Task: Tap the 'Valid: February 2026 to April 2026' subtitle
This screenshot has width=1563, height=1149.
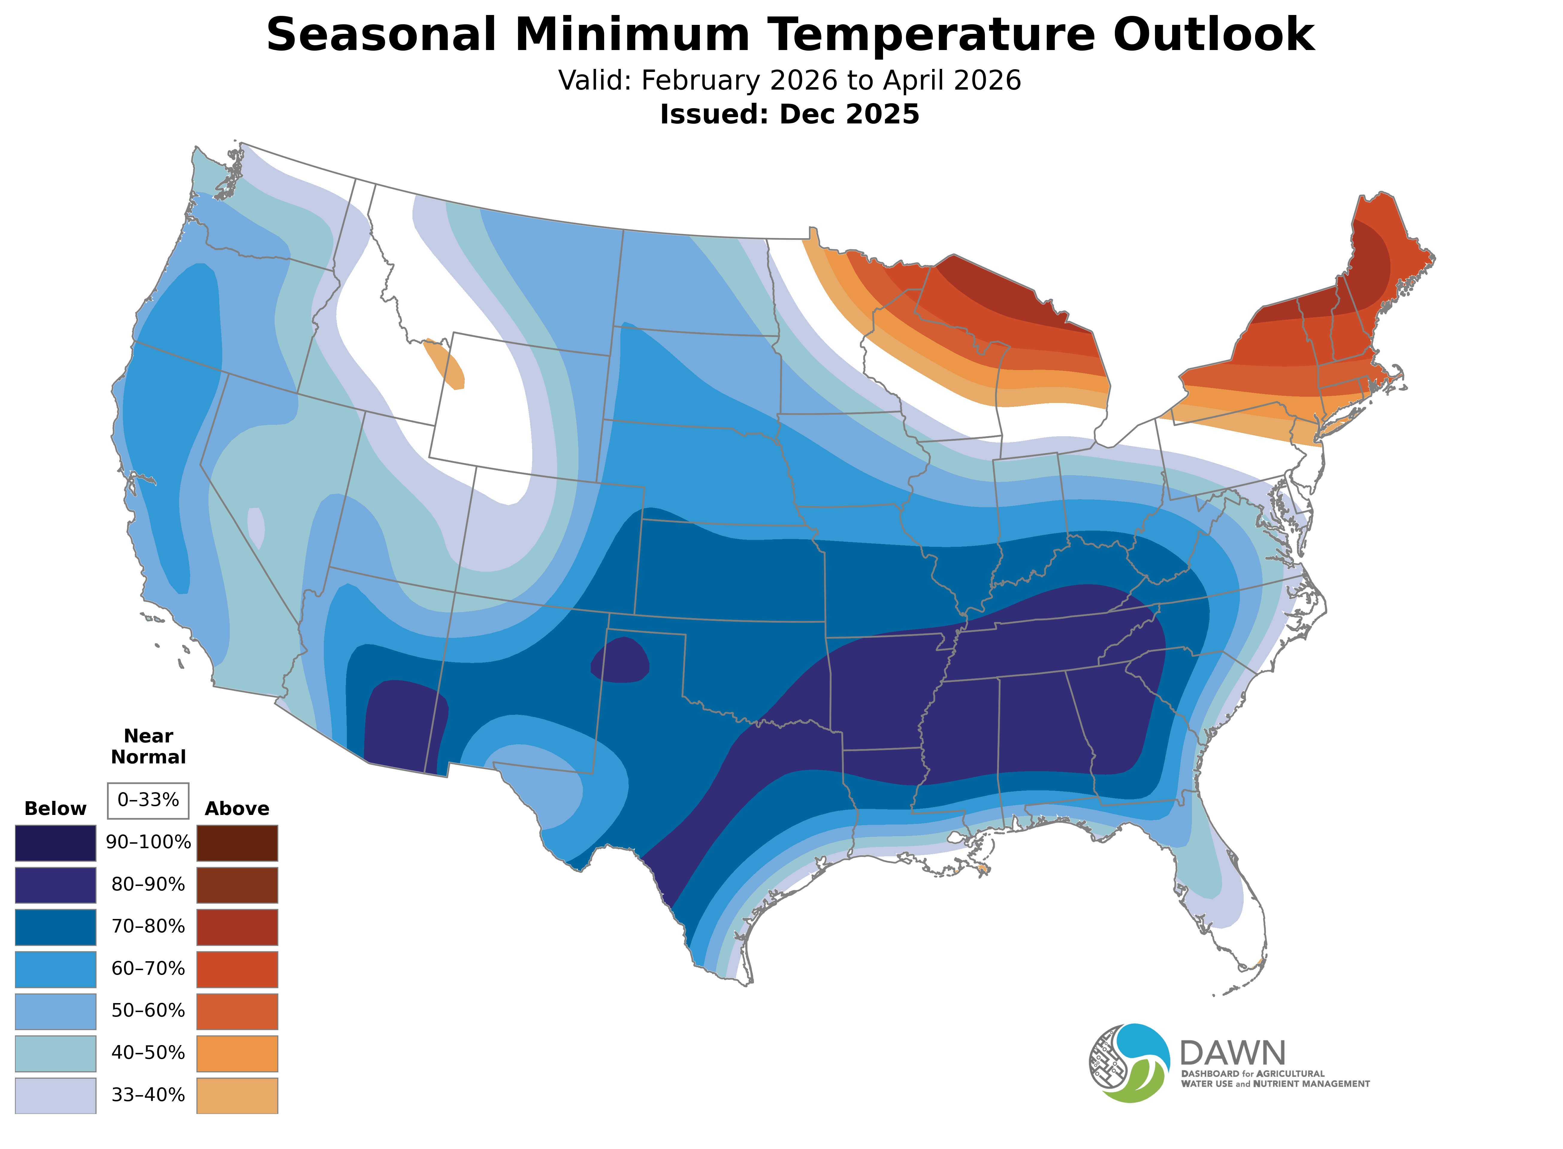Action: (x=789, y=81)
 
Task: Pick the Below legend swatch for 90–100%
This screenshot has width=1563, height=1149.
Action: (x=56, y=843)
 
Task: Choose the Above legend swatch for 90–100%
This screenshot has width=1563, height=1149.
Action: (x=237, y=843)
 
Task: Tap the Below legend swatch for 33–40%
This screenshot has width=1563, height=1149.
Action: (x=56, y=1095)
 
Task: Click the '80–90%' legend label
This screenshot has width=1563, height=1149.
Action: (x=148, y=885)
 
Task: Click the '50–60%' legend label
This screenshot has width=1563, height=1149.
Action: (x=148, y=1011)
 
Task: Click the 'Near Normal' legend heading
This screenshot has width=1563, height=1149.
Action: (x=148, y=746)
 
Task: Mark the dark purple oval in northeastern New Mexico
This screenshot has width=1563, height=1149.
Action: (x=619, y=661)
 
